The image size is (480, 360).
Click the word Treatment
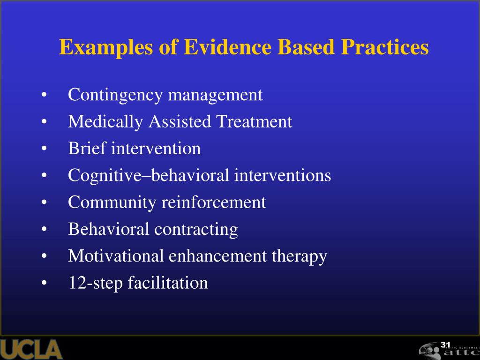(x=254, y=122)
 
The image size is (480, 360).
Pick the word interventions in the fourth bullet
(x=283, y=176)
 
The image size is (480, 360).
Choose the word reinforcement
(x=214, y=202)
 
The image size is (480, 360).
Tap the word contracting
(x=196, y=229)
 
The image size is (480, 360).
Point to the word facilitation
(x=168, y=283)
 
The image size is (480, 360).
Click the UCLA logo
(x=31, y=350)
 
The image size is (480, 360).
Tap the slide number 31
(x=445, y=345)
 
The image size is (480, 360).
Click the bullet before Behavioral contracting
(x=44, y=230)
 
